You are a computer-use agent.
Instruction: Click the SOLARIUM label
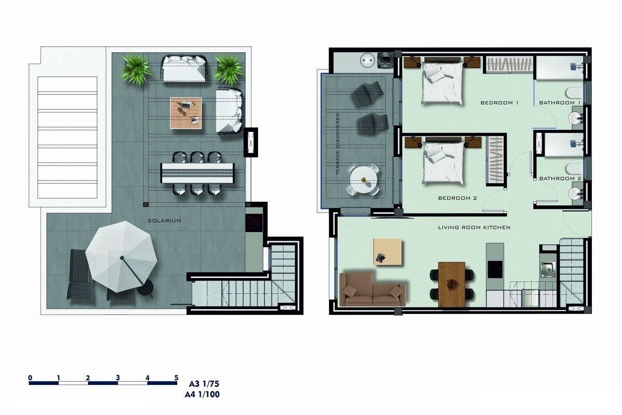click(164, 221)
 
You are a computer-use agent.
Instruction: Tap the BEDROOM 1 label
click(499, 103)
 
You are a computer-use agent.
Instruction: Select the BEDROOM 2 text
click(457, 198)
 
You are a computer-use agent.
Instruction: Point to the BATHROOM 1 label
click(560, 103)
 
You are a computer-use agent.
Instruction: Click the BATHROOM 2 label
click(560, 178)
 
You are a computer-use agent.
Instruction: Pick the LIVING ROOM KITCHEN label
click(474, 227)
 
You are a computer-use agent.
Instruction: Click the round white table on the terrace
click(364, 180)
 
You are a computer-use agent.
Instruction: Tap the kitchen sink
click(547, 268)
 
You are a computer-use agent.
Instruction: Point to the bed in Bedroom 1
click(442, 83)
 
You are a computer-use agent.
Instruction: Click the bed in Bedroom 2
click(443, 162)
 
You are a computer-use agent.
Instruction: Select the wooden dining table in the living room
click(451, 284)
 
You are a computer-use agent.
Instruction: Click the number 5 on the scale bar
click(176, 378)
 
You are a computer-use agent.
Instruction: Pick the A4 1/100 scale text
click(202, 395)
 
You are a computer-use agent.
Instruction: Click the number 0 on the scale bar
click(31, 378)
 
